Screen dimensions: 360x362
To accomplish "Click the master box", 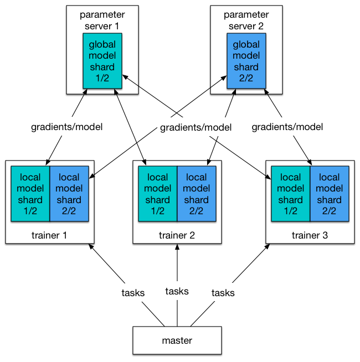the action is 177,340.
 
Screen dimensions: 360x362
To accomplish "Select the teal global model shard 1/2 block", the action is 102,61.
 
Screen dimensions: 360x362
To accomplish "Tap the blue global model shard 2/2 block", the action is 246,61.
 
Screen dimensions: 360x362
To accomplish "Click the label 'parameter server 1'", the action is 102,20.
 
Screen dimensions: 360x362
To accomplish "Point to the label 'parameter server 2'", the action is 246,20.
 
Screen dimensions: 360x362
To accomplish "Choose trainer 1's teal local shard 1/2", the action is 30,194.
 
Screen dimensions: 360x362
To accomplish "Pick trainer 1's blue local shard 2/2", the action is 69,194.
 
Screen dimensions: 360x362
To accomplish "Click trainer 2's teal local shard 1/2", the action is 158,194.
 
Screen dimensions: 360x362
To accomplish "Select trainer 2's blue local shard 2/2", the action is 197,194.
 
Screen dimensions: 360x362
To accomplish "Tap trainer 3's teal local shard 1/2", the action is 290,194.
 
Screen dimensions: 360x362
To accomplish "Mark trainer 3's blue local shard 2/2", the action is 330,194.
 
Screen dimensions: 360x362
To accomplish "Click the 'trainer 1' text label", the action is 49,235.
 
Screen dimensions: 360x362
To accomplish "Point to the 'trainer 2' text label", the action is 177,235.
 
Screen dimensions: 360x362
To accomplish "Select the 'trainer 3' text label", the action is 310,235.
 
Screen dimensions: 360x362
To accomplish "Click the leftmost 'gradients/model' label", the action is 67,127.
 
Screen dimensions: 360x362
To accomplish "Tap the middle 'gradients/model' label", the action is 196,127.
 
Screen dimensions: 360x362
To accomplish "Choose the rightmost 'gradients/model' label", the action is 287,127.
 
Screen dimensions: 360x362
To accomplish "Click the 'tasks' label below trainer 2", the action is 177,291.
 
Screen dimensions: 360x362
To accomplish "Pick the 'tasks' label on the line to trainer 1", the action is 133,293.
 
